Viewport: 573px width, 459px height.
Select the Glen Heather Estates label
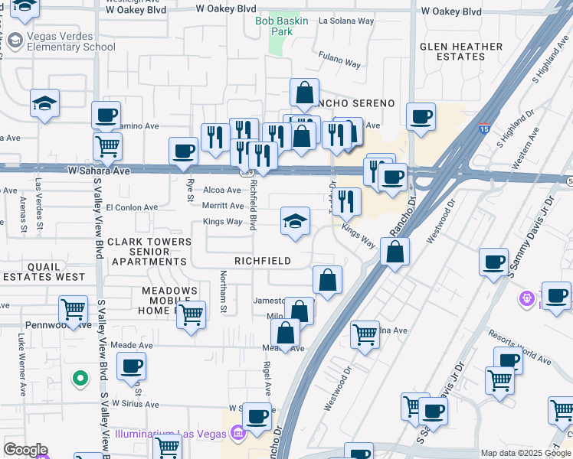pos(461,51)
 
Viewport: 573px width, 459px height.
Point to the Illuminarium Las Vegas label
pos(172,435)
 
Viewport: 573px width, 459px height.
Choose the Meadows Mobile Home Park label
pos(169,301)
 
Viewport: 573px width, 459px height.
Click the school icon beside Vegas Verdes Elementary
pos(44,104)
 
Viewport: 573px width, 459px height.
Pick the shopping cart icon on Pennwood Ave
pos(73,311)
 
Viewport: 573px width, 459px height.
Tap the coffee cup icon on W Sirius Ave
pos(131,366)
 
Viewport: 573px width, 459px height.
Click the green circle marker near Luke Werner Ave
pos(79,378)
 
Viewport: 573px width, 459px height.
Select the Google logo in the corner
pos(25,450)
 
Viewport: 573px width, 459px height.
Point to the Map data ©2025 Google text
pos(525,453)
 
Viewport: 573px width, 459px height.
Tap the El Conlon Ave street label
pos(132,207)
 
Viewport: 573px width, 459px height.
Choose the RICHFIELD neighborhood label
pos(263,261)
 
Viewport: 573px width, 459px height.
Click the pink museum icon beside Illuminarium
pos(237,435)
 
